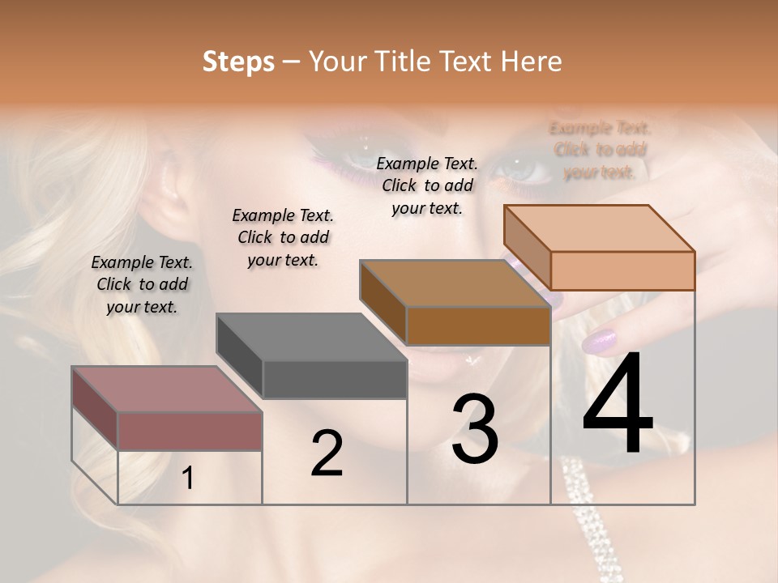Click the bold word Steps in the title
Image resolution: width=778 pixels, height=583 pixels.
coord(238,62)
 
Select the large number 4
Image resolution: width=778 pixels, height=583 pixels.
coord(618,405)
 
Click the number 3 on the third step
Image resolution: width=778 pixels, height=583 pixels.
coord(475,428)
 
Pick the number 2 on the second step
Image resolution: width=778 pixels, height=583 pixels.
coord(327,453)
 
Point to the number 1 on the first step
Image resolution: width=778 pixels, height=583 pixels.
coord(188,479)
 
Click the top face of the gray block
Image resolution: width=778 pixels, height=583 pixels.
coord(311,337)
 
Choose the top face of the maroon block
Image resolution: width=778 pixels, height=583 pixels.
coord(167,389)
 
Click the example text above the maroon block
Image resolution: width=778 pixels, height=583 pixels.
coord(142,284)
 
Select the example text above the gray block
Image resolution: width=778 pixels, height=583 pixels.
coord(283,237)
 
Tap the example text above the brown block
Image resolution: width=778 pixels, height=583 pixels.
coord(427,185)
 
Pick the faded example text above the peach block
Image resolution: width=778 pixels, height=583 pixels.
coord(600,150)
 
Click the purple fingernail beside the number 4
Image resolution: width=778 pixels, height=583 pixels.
coord(600,342)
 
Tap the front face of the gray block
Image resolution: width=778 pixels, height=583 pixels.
coord(335,380)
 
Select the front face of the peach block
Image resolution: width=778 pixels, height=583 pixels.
coord(622,270)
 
